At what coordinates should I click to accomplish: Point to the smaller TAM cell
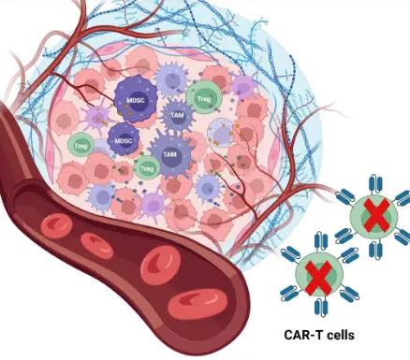point(176,115)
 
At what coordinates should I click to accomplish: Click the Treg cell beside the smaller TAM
point(204,94)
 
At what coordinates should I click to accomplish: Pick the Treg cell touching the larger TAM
point(146,167)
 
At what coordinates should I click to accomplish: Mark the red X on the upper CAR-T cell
point(373,217)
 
